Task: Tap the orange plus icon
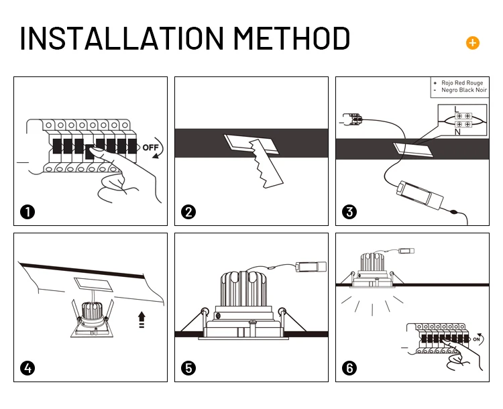click(473, 43)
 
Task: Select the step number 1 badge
click(27, 212)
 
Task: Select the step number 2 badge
click(188, 212)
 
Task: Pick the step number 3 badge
click(349, 212)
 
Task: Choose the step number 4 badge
click(27, 368)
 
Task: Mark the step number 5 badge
click(188, 368)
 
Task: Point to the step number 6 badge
click(349, 368)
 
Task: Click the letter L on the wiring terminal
click(456, 109)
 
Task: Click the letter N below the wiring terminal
click(457, 132)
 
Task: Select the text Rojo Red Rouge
click(463, 82)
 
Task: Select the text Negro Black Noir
click(464, 90)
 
